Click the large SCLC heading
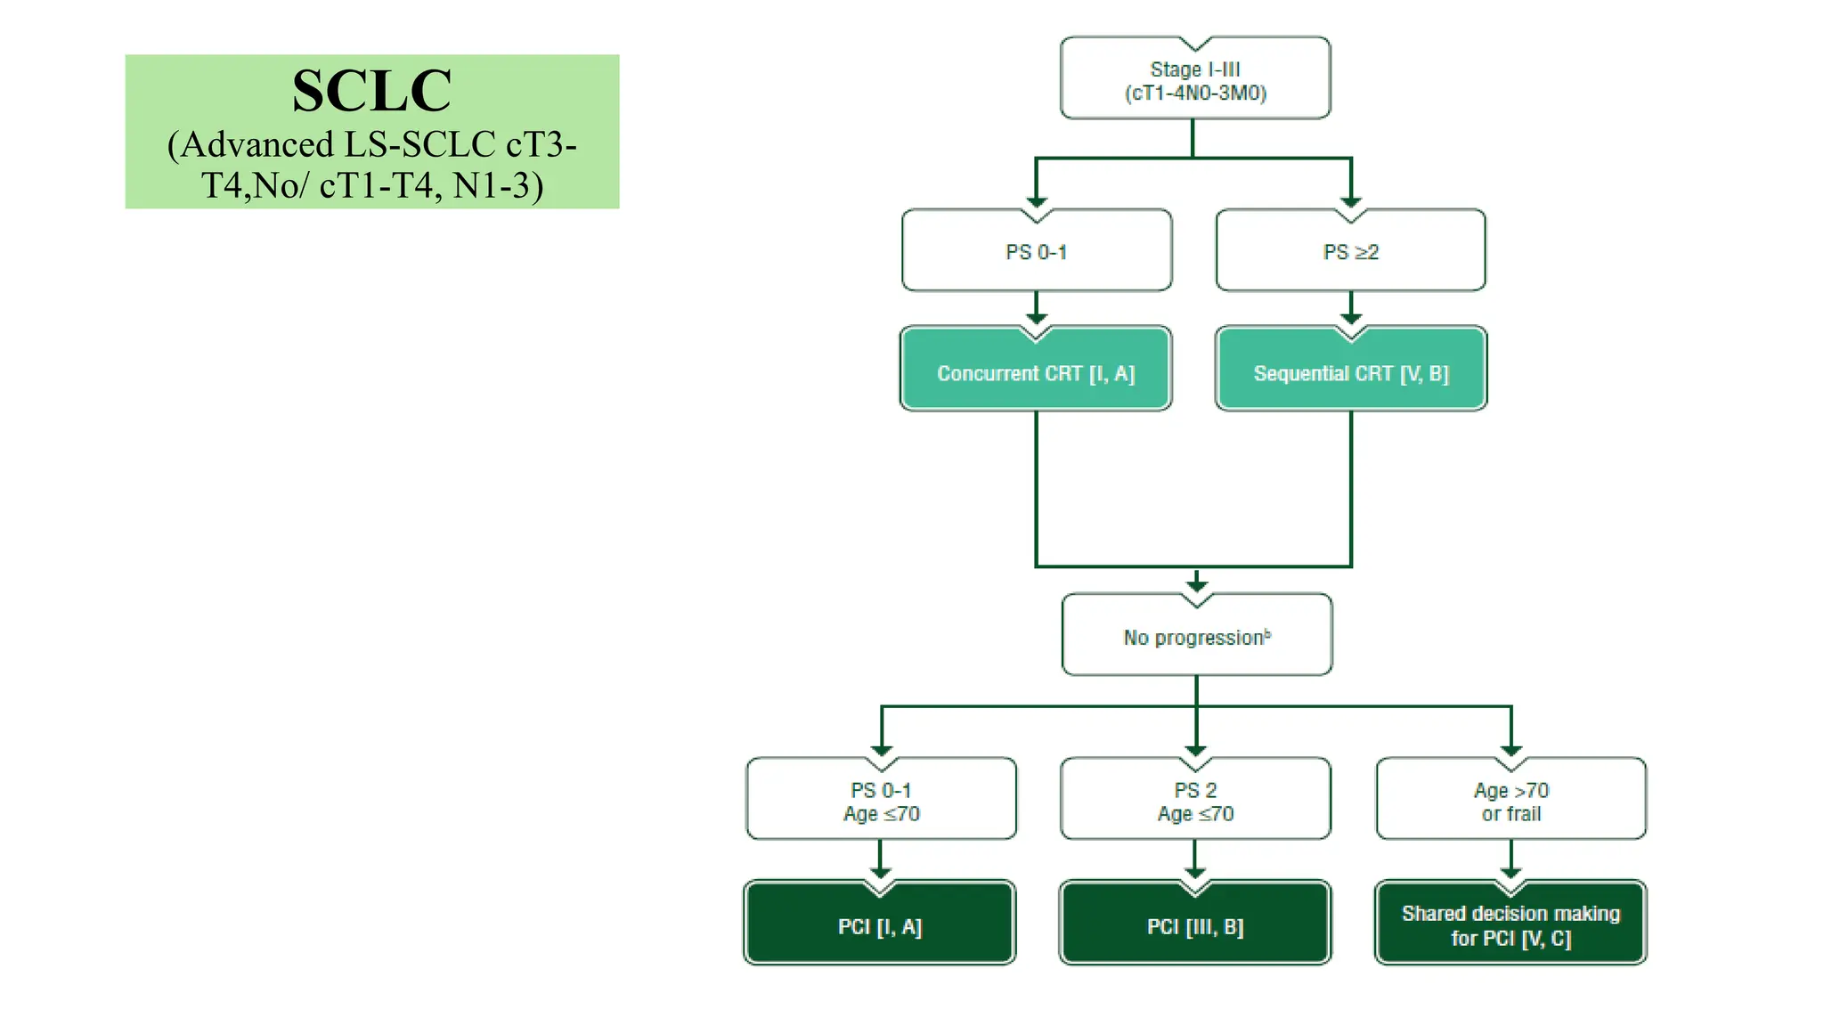pos(371,91)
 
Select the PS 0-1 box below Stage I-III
pos(1036,252)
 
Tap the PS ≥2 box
pos(1350,252)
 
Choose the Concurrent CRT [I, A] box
pos(1036,373)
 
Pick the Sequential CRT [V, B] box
pos(1350,373)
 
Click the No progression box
pos(1196,638)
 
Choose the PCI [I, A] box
pos(880,927)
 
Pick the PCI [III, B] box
pos(1195,927)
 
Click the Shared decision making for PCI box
pos(1510,925)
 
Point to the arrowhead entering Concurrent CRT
pos(1036,318)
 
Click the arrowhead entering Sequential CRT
pos(1351,318)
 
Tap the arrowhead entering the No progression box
pos(1196,584)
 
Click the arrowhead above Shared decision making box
pos(1510,872)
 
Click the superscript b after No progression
pos(1267,633)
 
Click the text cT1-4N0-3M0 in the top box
pos(1195,94)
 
